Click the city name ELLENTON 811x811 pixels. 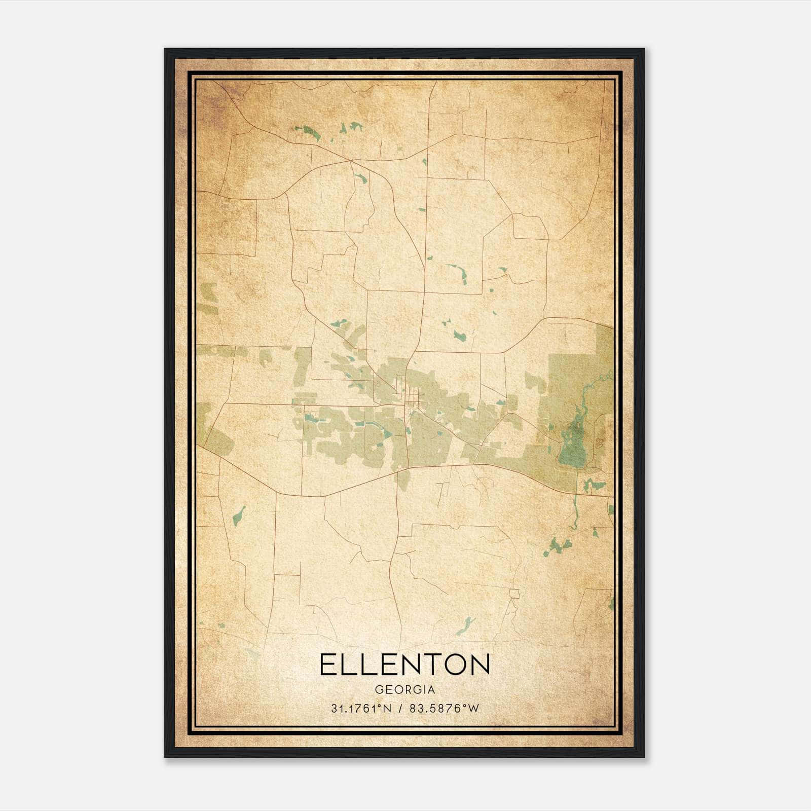[x=405, y=665]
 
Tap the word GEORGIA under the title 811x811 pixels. [x=405, y=690]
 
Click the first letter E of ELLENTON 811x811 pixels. [x=327, y=665]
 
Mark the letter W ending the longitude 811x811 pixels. [x=474, y=709]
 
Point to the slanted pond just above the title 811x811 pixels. [x=465, y=626]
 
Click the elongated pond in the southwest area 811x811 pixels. [x=238, y=515]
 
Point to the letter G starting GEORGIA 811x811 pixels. [x=379, y=690]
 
